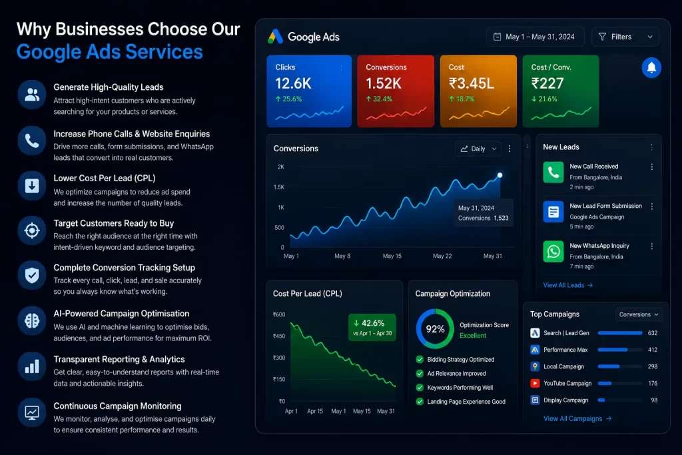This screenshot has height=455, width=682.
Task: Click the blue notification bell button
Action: [651, 67]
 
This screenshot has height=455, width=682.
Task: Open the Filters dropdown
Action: [625, 37]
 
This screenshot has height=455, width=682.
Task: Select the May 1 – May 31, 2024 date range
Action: [535, 37]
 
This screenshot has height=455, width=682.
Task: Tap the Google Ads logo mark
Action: [275, 37]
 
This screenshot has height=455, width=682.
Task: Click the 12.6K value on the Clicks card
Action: [293, 83]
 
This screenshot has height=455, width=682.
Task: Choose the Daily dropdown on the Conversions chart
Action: [478, 149]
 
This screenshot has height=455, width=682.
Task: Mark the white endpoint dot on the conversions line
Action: [500, 175]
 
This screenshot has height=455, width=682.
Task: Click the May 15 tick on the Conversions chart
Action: [392, 256]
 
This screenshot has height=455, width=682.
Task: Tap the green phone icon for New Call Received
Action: [553, 173]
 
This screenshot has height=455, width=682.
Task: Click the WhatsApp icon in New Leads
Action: [553, 251]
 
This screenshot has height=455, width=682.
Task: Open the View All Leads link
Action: [567, 285]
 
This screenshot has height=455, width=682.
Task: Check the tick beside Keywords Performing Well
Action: [420, 388]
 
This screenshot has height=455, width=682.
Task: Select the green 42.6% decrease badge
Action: [372, 327]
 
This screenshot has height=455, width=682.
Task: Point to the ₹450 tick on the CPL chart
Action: [279, 336]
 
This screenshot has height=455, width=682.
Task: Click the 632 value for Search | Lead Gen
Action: [653, 333]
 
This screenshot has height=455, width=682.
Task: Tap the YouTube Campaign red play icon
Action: [535, 384]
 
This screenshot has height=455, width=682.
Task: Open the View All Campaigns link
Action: [577, 419]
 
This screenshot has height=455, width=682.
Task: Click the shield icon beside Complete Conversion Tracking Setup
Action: [32, 275]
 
